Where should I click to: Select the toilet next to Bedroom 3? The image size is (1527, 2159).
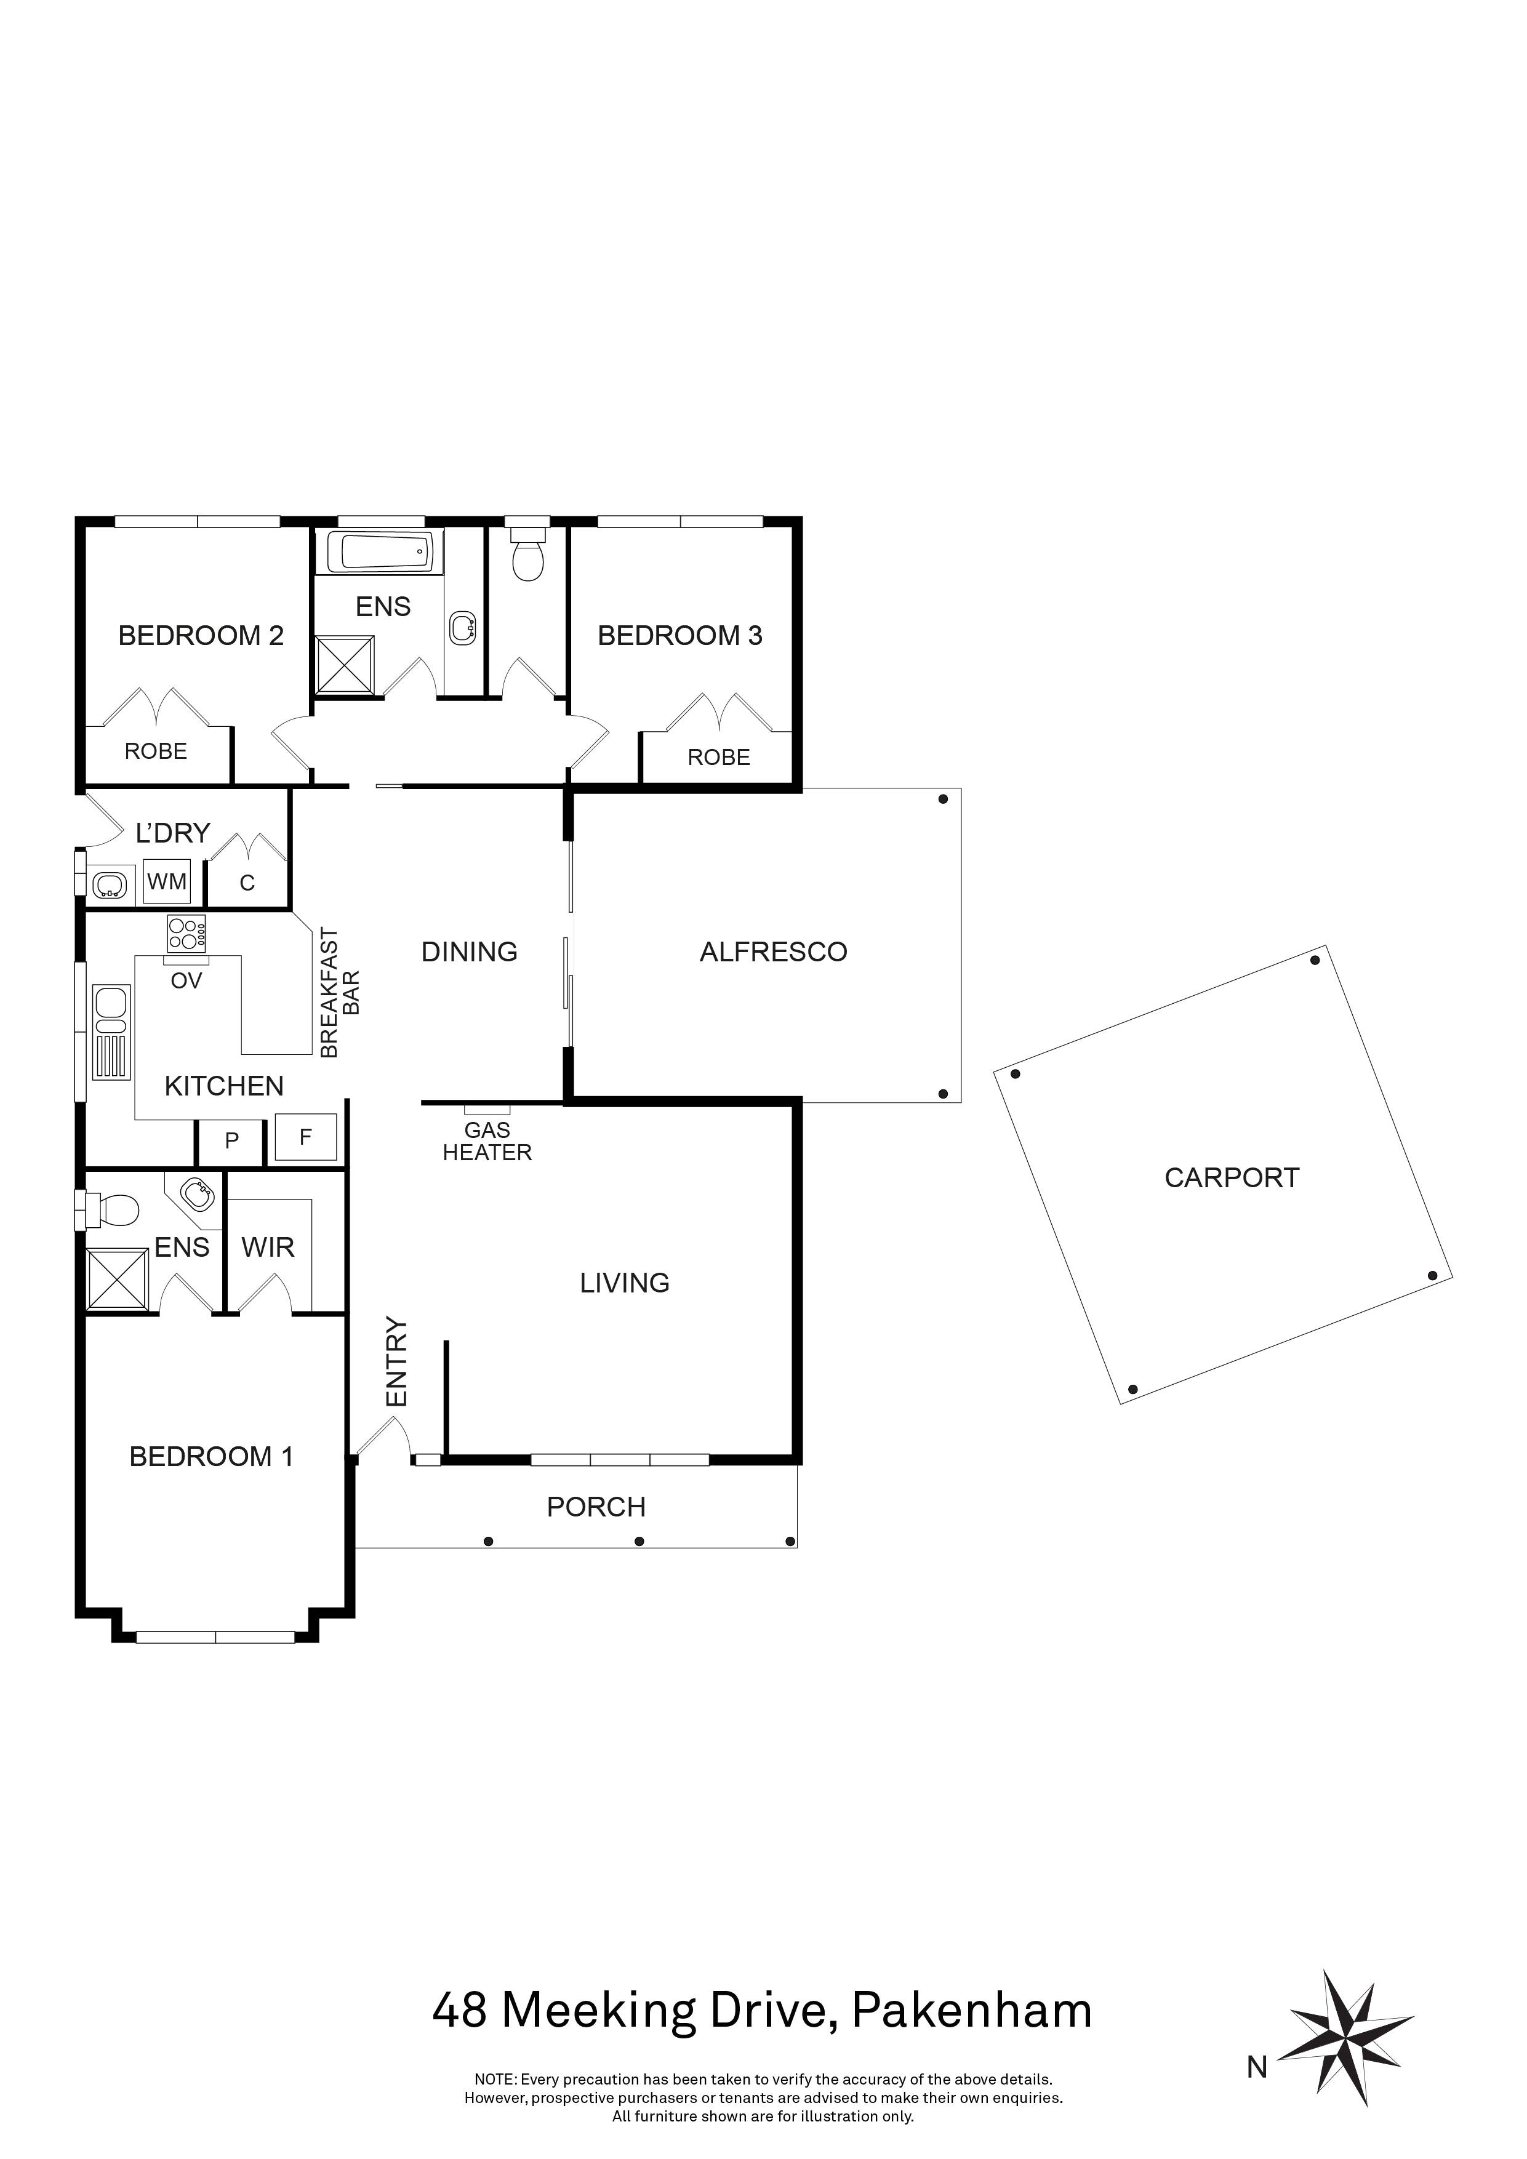coord(527,557)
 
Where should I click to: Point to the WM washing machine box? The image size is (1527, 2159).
coord(167,882)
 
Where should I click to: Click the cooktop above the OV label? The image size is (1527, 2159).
coord(186,934)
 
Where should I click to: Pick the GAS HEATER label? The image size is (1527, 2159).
coord(487,1142)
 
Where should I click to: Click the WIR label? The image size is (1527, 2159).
coord(268,1248)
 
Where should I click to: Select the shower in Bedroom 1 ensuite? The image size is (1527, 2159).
coord(116,1279)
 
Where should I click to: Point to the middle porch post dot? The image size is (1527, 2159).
coord(639,1540)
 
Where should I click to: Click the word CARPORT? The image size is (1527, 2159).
coord(1231,1177)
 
